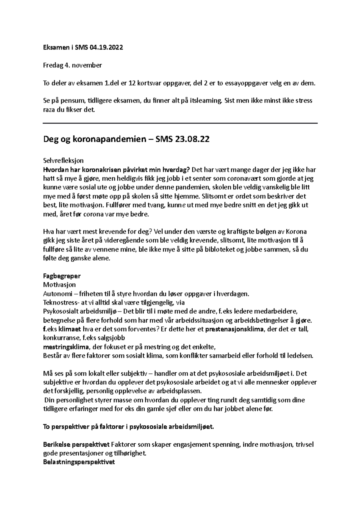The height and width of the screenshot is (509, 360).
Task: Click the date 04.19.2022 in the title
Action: point(106,48)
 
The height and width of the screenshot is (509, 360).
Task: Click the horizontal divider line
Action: point(180,123)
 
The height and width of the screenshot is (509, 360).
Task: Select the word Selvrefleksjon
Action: point(63,161)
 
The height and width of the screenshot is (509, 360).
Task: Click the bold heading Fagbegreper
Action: point(62,276)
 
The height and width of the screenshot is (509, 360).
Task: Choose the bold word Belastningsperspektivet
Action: point(79,462)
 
